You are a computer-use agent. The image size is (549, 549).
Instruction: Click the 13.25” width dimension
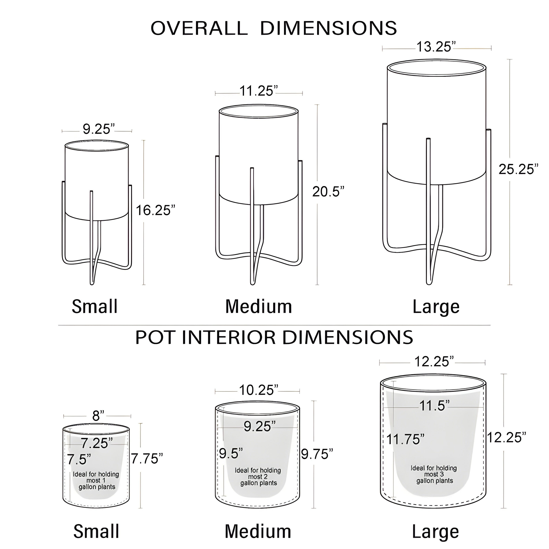click(436, 47)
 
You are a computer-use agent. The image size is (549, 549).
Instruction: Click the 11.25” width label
click(259, 91)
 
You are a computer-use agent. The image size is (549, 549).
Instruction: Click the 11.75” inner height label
click(405, 439)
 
